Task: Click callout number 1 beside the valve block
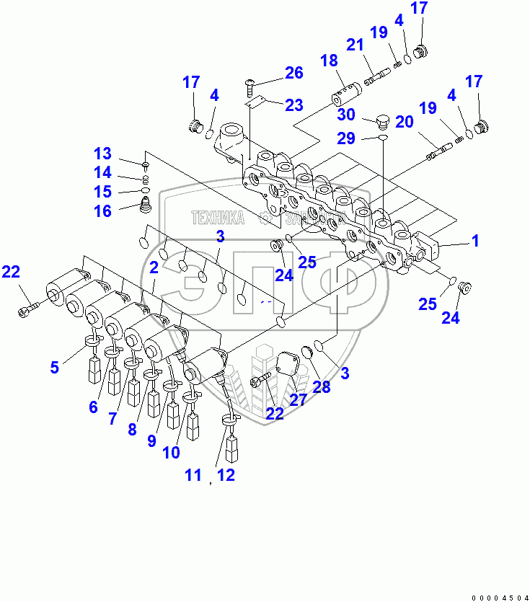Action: coord(476,240)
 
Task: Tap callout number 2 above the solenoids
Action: coord(154,268)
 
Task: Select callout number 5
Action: coord(54,367)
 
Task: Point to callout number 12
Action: coord(227,474)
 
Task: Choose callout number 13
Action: coord(103,154)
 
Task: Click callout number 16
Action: coord(103,211)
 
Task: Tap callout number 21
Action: coord(355,45)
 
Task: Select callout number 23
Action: coord(293,105)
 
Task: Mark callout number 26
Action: coord(293,72)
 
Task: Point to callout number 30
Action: coord(346,114)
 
